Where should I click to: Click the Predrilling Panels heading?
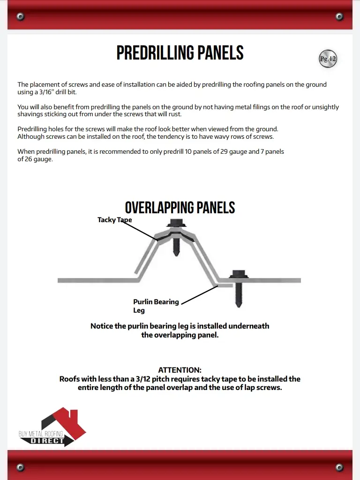click(180, 53)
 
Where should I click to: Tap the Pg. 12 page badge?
click(328, 59)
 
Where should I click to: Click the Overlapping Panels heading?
click(180, 208)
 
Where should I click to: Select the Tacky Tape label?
click(114, 219)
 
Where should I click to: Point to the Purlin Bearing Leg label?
click(156, 306)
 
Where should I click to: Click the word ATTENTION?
click(180, 370)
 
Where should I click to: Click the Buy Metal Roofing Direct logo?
click(52, 427)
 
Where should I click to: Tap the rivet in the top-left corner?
click(20, 17)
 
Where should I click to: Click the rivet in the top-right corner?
click(339, 17)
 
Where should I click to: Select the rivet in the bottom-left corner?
click(20, 467)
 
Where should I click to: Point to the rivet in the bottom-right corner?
click(339, 467)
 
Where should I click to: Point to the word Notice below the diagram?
click(102, 326)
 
